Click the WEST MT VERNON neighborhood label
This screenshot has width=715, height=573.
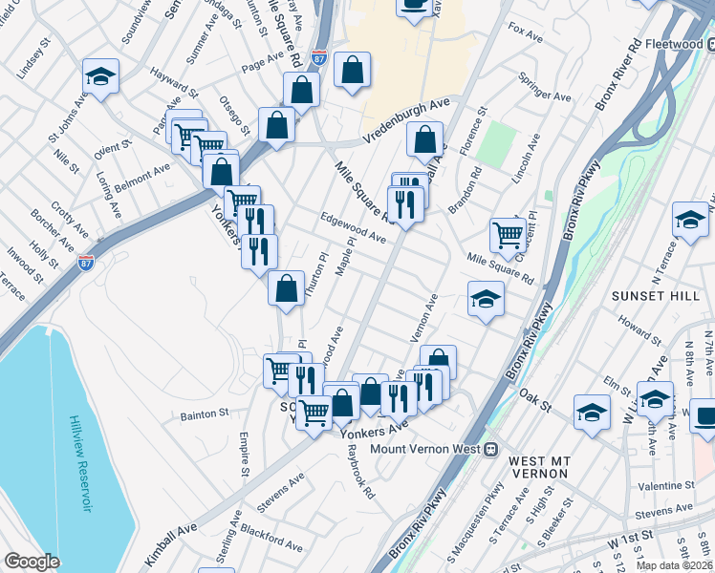click(541, 468)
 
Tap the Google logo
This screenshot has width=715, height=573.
click(32, 562)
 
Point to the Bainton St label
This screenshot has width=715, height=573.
click(205, 415)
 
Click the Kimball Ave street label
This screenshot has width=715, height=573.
click(170, 529)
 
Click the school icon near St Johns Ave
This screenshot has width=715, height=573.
click(99, 76)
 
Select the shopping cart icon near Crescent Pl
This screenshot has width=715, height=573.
click(508, 233)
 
